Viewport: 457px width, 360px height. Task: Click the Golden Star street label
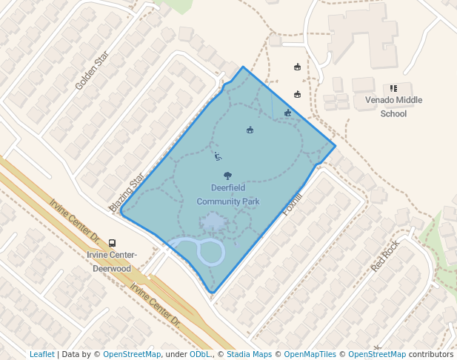92,72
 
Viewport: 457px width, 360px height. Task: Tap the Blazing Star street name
127,193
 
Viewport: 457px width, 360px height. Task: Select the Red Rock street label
385,256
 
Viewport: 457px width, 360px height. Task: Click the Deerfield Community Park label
227,194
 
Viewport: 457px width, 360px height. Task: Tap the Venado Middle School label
393,107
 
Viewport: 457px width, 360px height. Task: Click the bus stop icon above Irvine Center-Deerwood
112,243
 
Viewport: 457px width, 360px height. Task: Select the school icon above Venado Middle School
393,88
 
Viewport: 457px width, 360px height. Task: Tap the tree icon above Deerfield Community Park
227,176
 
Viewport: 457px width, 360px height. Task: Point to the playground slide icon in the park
217,156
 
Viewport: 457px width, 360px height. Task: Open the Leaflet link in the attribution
42,354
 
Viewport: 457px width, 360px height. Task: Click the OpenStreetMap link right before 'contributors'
377,354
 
